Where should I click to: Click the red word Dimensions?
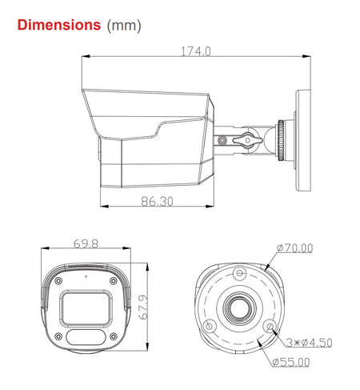pyautogui.click(x=59, y=25)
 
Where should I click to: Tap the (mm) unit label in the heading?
pyautogui.click(x=124, y=26)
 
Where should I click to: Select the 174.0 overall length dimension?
pyautogui.click(x=196, y=51)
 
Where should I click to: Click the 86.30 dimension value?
pyautogui.click(x=157, y=201)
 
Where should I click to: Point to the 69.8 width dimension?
pyautogui.click(x=86, y=243)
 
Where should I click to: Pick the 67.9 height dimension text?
pyautogui.click(x=143, y=307)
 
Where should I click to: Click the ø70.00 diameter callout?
pyautogui.click(x=294, y=248)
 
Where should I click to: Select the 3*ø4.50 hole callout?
pyautogui.click(x=309, y=342)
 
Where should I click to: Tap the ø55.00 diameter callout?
pyautogui.click(x=291, y=362)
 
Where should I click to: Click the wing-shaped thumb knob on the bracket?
pyautogui.click(x=247, y=140)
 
